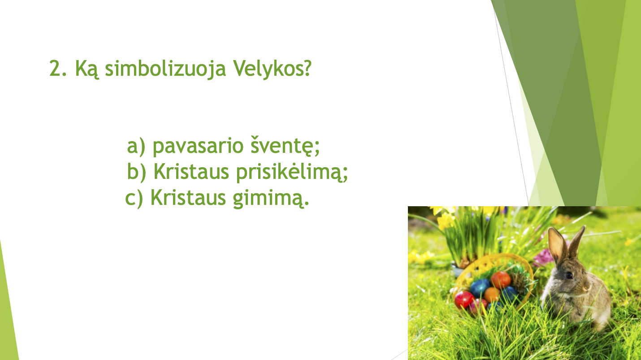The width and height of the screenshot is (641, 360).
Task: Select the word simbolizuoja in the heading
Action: pos(165,69)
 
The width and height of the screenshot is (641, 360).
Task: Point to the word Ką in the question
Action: pos(87,69)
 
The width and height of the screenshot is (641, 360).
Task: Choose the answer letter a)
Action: pos(136,146)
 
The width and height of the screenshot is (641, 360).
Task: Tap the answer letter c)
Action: pos(134,198)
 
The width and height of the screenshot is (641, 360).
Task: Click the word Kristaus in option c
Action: pos(188,197)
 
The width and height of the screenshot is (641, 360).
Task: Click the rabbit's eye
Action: pos(569,275)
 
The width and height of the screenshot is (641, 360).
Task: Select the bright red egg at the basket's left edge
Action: pos(464,299)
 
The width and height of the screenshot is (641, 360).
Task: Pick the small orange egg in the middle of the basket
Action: pos(492,295)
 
